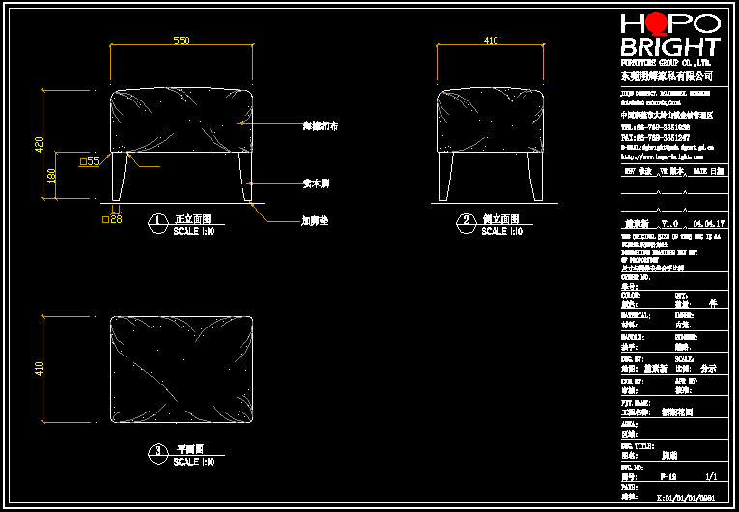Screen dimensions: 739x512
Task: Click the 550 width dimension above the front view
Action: [x=182, y=41]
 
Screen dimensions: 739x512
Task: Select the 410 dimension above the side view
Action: [x=491, y=41]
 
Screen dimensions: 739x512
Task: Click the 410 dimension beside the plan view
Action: [x=40, y=368]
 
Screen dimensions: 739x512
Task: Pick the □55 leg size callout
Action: [x=89, y=161]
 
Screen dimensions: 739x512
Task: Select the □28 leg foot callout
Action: [x=112, y=220]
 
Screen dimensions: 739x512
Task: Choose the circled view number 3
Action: [x=157, y=451]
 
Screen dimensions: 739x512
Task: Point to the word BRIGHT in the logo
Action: [x=669, y=47]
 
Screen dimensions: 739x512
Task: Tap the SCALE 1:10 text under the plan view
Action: [x=193, y=462]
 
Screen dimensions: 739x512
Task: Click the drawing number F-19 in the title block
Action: [x=667, y=476]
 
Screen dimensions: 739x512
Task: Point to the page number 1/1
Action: [x=711, y=476]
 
